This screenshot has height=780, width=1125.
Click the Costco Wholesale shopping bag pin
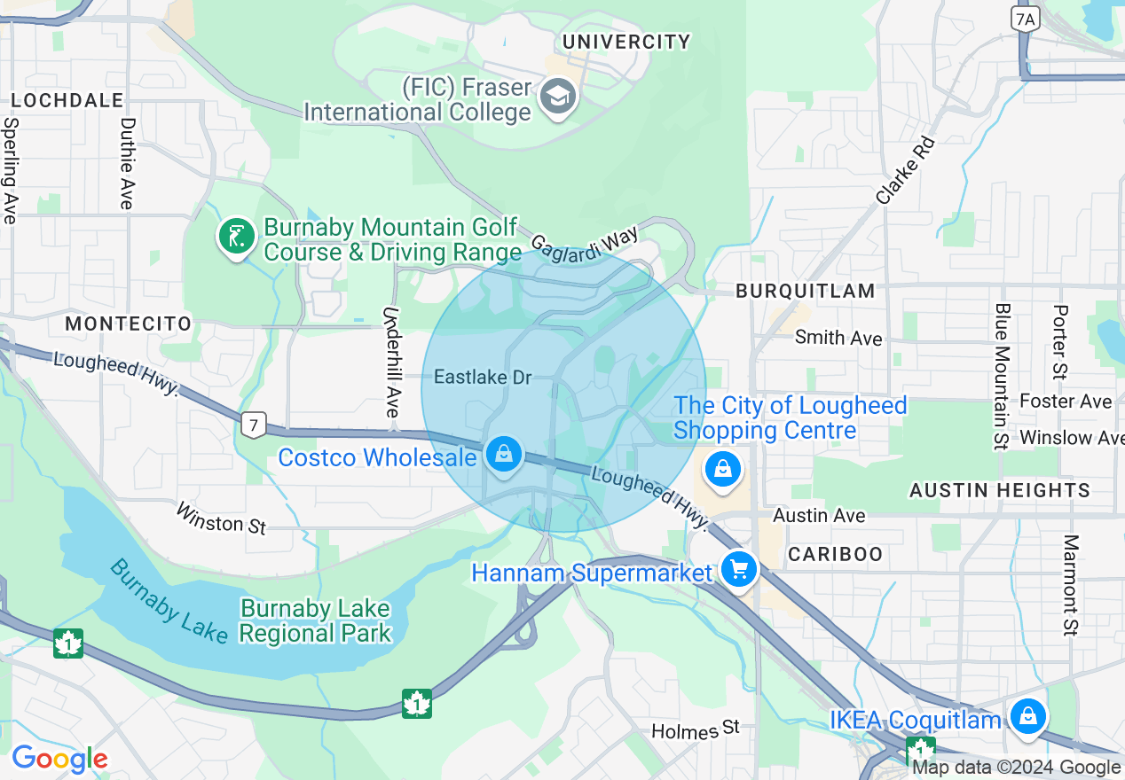(x=504, y=454)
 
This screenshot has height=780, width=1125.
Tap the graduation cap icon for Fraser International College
(x=558, y=97)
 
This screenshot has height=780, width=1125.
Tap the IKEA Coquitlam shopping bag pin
(x=1027, y=717)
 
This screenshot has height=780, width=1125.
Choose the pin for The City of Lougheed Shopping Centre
(x=723, y=469)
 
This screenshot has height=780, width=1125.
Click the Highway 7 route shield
(x=254, y=426)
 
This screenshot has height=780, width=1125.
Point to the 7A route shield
(x=1025, y=19)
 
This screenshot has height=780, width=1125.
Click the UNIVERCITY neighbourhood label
(x=626, y=42)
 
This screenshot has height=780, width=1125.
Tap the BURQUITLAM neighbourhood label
(x=806, y=291)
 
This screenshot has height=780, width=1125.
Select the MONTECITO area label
(x=129, y=324)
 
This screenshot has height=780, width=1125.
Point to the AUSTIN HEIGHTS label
(x=1000, y=490)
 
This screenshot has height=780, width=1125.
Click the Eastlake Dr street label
(x=483, y=378)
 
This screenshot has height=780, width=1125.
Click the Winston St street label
(x=221, y=518)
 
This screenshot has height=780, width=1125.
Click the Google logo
(x=59, y=759)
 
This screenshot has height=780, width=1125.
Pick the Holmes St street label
(x=695, y=729)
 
